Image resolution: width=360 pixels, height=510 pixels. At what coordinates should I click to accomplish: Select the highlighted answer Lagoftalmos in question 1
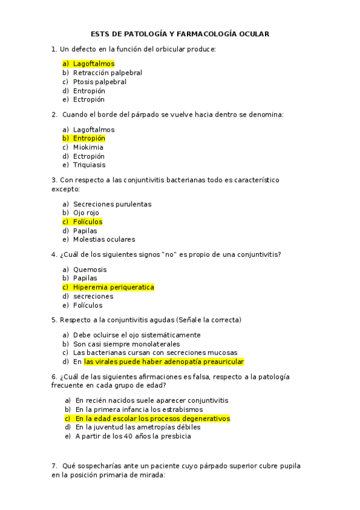94,64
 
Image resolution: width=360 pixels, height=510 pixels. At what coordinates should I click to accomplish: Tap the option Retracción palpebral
108,73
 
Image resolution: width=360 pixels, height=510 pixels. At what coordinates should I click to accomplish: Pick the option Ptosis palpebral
100,82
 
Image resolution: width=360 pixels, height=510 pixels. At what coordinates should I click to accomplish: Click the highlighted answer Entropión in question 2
89,138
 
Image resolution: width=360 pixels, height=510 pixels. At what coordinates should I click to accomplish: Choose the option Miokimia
88,147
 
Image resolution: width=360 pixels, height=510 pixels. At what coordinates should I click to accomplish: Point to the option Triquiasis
90,165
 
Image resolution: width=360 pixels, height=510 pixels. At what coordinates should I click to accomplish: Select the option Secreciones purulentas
112,204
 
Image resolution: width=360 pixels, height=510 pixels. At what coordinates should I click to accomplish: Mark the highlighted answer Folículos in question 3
88,222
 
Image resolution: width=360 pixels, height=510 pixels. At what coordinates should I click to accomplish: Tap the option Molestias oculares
104,239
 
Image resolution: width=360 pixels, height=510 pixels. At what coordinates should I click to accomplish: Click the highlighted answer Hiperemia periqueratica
114,287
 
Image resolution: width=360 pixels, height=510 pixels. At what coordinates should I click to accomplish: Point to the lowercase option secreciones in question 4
93,296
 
